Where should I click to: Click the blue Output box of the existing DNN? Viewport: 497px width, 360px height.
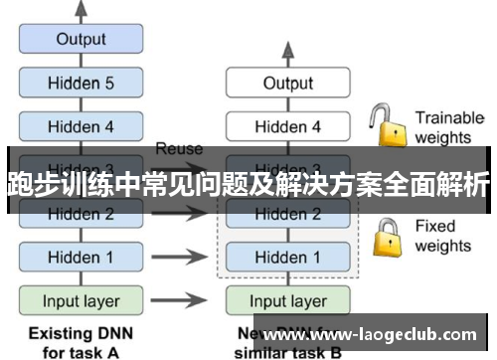click(x=82, y=40)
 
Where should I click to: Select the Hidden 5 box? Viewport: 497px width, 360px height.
click(x=82, y=84)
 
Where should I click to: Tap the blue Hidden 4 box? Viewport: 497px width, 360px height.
click(x=82, y=126)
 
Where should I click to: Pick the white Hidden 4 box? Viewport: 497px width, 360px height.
click(x=287, y=126)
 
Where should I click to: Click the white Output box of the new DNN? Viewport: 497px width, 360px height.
click(x=287, y=84)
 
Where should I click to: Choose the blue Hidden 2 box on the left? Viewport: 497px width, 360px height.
click(x=82, y=213)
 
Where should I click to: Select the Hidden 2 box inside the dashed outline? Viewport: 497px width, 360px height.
click(x=287, y=214)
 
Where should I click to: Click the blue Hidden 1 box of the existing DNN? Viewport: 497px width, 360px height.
click(x=82, y=257)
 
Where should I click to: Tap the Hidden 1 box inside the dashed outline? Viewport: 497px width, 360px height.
click(x=287, y=257)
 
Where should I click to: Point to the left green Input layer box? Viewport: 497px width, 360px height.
click(x=82, y=300)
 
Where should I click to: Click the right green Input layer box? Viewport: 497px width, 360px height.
click(x=287, y=300)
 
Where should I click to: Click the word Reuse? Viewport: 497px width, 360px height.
click(x=179, y=149)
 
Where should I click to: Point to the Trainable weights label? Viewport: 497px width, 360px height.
click(x=448, y=127)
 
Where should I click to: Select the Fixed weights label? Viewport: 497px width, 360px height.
click(x=442, y=236)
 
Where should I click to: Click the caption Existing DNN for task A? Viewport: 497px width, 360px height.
click(x=82, y=340)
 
